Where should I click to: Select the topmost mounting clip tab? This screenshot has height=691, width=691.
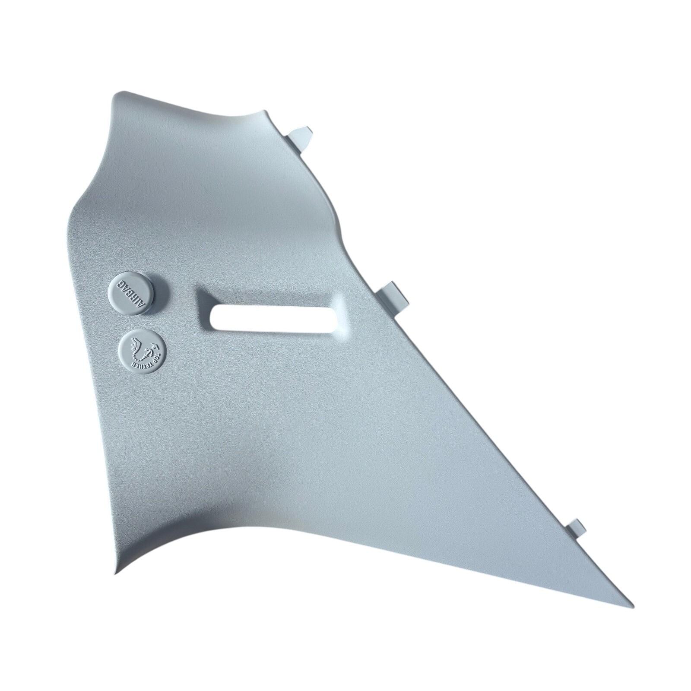[x=300, y=138]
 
